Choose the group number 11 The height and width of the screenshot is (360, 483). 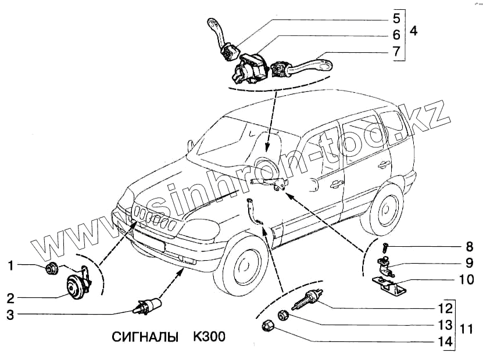(x=464, y=329)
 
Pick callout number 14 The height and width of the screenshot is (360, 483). (x=445, y=342)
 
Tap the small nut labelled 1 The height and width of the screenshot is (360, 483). (x=51, y=268)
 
